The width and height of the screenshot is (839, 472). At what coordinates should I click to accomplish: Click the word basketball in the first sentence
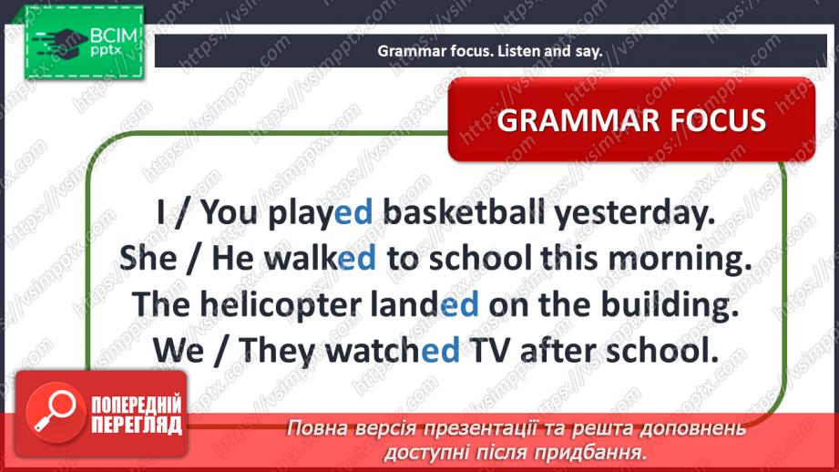[x=464, y=212]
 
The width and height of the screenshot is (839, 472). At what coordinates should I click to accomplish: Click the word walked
[x=321, y=258]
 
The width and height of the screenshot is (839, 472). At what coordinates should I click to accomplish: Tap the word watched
[x=393, y=351]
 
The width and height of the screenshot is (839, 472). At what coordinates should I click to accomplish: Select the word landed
[x=425, y=304]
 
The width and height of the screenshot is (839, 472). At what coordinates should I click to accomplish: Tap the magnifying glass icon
[x=55, y=412]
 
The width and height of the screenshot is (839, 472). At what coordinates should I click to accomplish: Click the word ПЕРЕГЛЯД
[x=137, y=426]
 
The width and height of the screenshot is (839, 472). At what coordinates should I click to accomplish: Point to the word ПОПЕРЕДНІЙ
[x=137, y=404]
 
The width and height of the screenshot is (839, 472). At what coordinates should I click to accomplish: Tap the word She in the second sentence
[x=148, y=258]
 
